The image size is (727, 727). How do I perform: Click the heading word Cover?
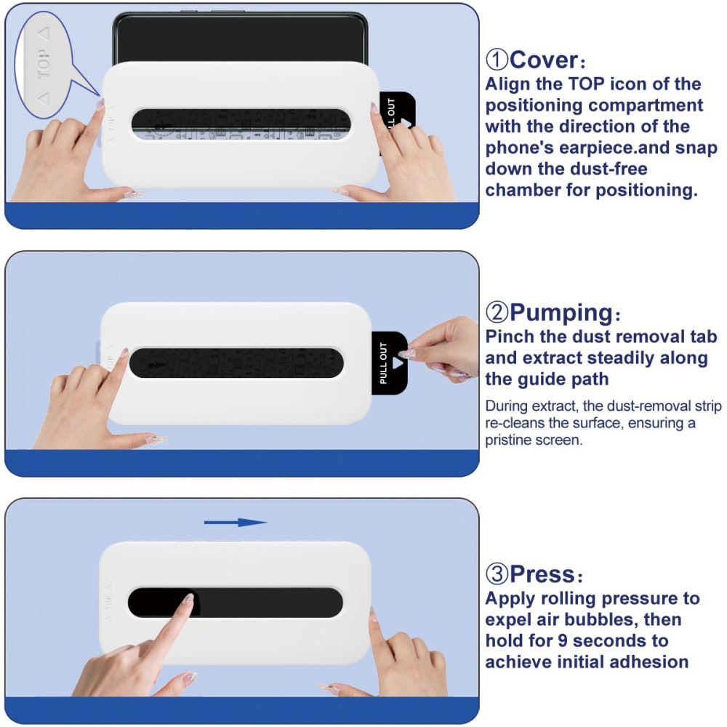pos(543,59)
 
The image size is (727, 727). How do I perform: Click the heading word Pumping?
pos(561,313)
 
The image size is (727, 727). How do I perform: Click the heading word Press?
pos(542,574)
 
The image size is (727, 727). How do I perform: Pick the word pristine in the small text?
pos(508,441)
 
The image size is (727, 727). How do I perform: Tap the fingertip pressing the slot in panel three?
pos(188,601)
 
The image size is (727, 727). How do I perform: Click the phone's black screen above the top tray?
pos(240,40)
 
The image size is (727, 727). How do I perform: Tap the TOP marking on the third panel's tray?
pos(108,601)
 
